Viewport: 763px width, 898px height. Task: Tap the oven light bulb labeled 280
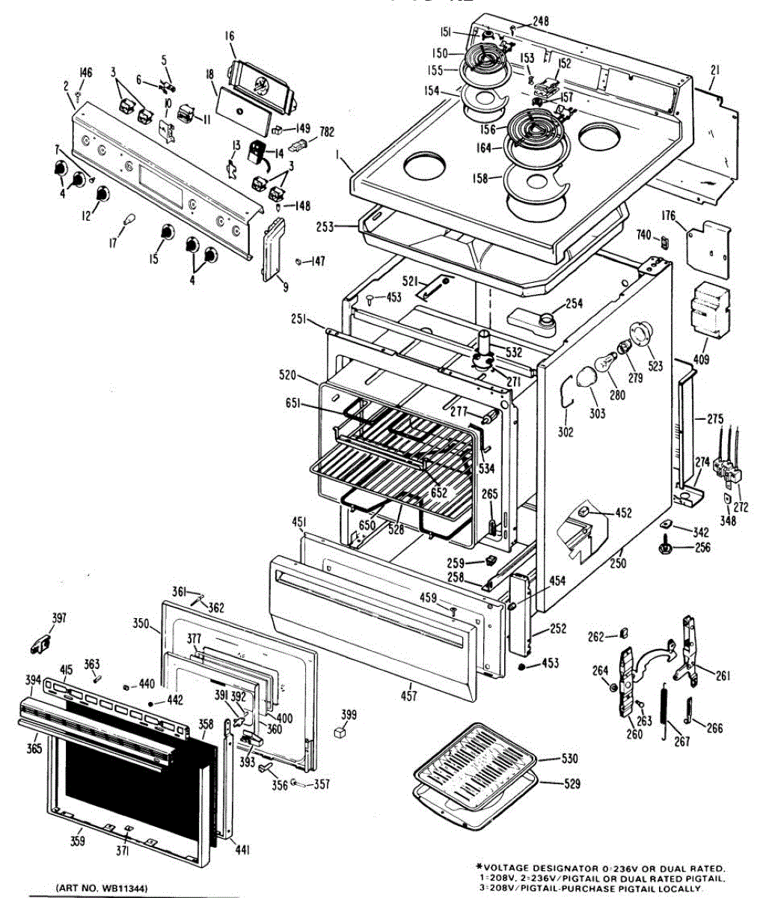click(604, 367)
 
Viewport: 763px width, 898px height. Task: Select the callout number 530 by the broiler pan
click(570, 760)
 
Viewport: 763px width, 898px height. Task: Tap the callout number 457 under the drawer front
click(409, 697)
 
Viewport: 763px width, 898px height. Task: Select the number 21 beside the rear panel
click(714, 70)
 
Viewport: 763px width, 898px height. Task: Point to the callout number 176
click(668, 217)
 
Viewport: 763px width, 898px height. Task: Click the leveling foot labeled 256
click(664, 548)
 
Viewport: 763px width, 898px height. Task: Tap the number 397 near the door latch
click(58, 618)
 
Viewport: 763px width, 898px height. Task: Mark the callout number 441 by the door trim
click(242, 850)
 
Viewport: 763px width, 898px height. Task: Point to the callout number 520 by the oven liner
click(288, 375)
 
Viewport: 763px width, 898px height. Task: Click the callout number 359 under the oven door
click(78, 841)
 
